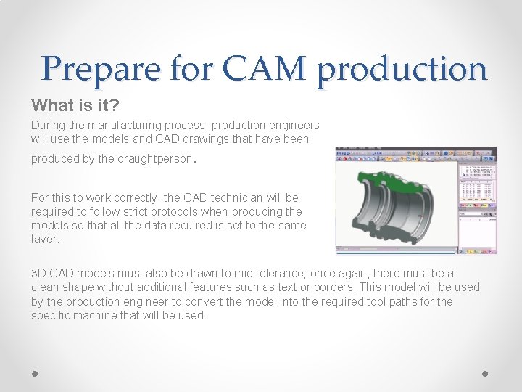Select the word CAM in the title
point(266,69)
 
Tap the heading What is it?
point(75,105)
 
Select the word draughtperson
point(157,159)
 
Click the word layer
point(45,239)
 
